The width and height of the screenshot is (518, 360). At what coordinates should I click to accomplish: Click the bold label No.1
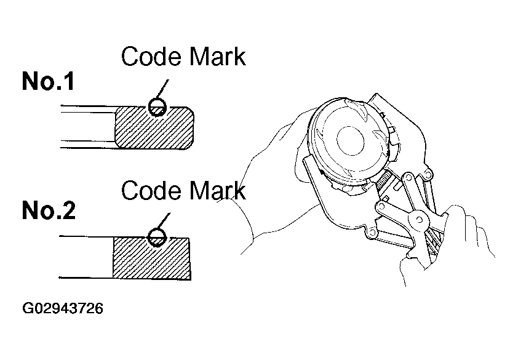[48, 81]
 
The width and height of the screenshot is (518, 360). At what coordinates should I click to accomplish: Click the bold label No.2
[49, 210]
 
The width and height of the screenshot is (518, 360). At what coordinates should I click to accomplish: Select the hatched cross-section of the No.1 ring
[154, 127]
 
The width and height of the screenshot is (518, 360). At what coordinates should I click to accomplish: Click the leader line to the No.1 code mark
[162, 89]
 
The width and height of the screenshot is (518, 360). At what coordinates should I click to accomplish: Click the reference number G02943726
[63, 308]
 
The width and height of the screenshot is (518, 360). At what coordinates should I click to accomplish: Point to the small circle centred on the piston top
[351, 140]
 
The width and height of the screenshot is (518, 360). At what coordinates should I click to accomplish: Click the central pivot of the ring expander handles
[418, 220]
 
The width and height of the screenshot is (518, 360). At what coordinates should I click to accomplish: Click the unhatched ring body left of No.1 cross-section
[88, 127]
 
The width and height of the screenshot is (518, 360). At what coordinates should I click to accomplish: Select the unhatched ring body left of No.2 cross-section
[86, 257]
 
